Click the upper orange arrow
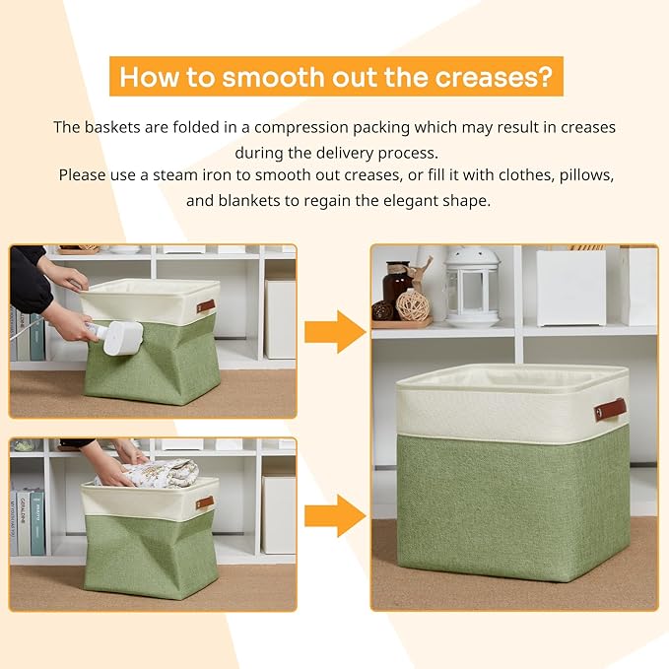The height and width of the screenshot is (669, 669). (335, 331)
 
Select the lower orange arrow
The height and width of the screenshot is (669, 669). (335, 515)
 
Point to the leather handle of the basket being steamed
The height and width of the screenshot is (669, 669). (205, 305)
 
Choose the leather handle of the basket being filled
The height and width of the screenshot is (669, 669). (204, 502)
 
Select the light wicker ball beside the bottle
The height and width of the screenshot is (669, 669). (413, 306)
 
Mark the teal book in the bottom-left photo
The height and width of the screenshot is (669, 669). (37, 522)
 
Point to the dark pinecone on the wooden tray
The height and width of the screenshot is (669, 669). (381, 310)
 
